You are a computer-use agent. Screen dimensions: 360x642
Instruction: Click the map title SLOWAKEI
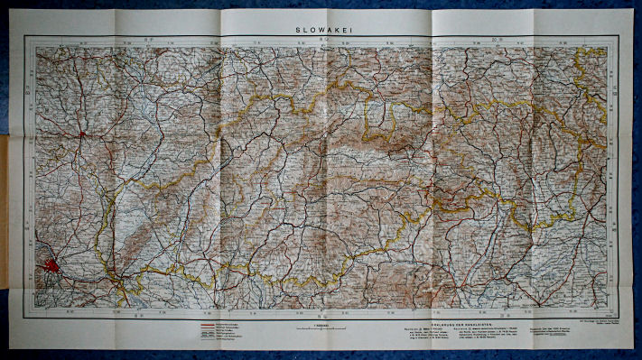[321, 29]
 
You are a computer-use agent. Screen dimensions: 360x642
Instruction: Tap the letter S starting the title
[297, 29]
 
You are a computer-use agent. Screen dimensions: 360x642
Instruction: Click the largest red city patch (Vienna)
[51, 268]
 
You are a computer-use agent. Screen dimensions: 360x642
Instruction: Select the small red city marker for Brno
[82, 135]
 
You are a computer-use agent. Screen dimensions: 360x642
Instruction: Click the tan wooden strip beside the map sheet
[4, 208]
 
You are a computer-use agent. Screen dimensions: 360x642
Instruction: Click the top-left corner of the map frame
[25, 37]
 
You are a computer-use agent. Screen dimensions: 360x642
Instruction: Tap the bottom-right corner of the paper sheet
[631, 346]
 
